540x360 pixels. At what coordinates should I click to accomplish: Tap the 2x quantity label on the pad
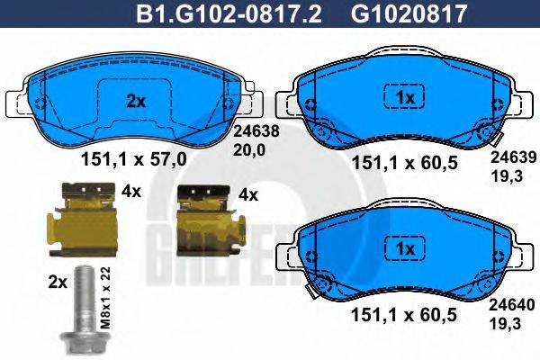135,101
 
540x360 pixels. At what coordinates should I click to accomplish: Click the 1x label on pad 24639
404,96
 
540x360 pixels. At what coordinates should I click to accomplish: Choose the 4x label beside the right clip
247,194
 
